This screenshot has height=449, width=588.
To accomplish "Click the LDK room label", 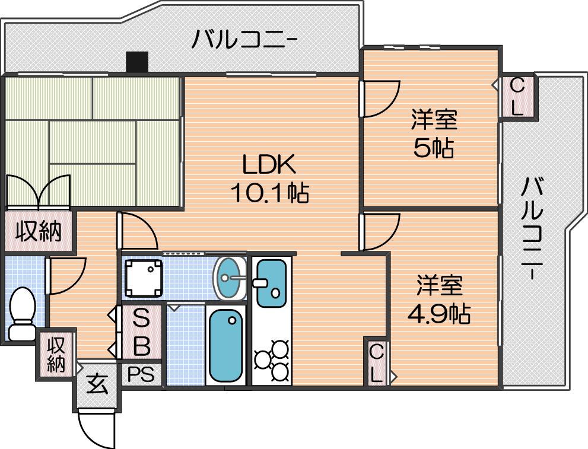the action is [269, 164].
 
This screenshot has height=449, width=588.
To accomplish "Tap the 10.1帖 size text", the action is [269, 192].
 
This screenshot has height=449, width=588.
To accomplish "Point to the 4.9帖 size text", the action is [439, 314].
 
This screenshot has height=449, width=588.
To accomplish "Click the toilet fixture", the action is [22, 313].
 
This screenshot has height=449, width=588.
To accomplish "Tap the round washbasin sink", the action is [229, 278].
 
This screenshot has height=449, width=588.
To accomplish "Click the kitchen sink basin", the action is [272, 284].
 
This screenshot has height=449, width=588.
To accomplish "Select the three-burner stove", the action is [272, 361].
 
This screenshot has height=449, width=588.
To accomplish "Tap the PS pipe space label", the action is [141, 374].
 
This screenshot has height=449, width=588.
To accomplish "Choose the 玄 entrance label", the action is [97, 384].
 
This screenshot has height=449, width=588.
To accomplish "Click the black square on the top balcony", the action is [137, 62].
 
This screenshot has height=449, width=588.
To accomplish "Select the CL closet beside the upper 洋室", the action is [517, 97].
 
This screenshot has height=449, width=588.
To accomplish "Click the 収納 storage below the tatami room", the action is [38, 232].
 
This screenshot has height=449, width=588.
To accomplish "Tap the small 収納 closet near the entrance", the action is [56, 354].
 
